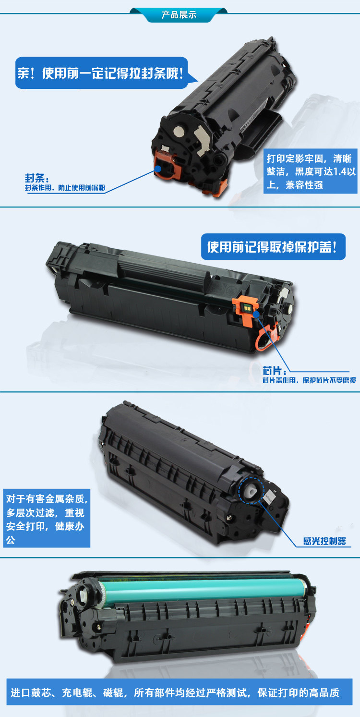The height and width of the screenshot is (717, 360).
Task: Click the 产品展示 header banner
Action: (179, 15)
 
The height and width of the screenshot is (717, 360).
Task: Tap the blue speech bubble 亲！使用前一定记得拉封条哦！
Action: (102, 73)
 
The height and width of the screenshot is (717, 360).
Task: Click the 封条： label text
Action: (37, 178)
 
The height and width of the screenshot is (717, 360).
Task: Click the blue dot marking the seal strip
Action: (158, 169)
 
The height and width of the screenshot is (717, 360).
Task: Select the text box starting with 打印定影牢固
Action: (310, 171)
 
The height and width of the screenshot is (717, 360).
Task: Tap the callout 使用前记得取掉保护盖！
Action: (273, 247)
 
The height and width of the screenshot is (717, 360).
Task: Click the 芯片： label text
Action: (274, 371)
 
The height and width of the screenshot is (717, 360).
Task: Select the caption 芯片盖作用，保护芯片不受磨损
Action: (309, 380)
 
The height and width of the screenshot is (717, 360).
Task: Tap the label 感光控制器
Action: (324, 541)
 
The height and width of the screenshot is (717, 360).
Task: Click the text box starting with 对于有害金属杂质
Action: (47, 518)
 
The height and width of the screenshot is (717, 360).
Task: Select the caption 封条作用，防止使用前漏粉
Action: (65, 188)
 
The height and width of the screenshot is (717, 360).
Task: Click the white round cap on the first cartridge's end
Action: (179, 131)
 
